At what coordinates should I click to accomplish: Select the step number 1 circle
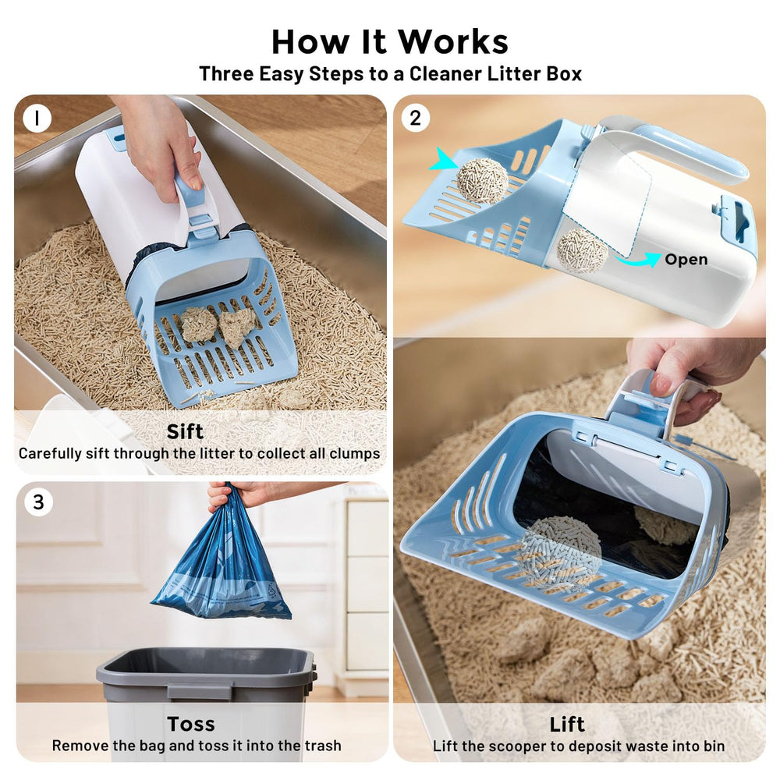point(37,119)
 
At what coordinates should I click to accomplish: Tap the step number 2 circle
point(415,118)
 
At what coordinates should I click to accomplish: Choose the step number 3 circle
point(38,502)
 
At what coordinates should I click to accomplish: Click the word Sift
point(185,431)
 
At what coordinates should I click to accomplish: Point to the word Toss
point(191,724)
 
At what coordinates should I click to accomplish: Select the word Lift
point(567,724)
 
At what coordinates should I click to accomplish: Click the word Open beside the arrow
point(686,260)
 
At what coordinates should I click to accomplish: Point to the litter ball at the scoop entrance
point(482,180)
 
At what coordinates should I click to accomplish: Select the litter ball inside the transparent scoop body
point(582,250)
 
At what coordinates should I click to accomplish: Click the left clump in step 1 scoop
point(198,324)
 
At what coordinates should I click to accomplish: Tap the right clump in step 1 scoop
point(238,325)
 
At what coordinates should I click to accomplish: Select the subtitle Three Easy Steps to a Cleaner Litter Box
point(390,74)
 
